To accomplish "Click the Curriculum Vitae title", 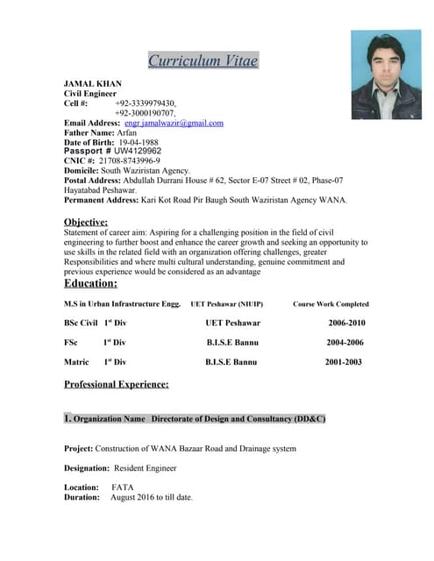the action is point(203,60).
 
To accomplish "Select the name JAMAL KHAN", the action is point(93,83).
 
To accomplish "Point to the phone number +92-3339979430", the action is point(145,103).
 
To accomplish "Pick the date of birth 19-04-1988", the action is point(139,142).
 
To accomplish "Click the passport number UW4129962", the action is point(138,151).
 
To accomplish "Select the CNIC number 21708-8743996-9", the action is point(129,161).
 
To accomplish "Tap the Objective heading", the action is point(86,222).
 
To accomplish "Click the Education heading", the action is point(90,283).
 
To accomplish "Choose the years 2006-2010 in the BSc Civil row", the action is point(346,323).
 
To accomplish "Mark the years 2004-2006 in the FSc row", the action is point(345,342).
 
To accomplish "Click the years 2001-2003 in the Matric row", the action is point(344,361).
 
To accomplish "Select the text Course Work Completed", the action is point(331,304).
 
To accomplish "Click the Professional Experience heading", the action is point(117,384).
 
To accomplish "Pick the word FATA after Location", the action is point(123,486).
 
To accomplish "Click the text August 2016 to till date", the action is point(151,497).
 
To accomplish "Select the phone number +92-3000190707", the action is point(145,113).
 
